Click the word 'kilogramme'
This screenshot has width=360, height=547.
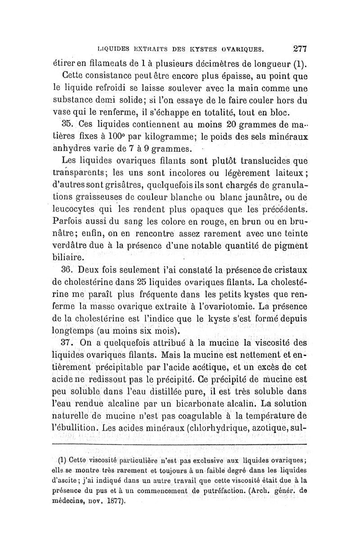coord(172,136)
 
